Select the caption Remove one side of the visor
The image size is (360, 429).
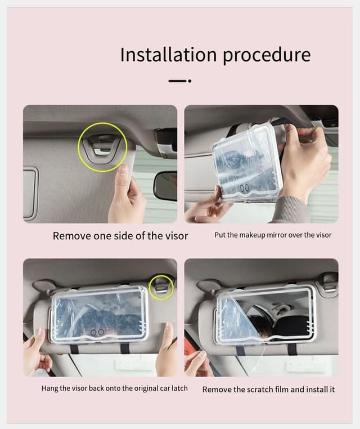[120, 236]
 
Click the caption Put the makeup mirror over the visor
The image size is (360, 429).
[273, 235]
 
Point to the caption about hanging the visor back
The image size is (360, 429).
[114, 388]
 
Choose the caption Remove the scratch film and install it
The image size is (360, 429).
[268, 389]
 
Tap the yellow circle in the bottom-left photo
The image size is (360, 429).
[161, 287]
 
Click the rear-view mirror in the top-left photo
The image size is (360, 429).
[165, 186]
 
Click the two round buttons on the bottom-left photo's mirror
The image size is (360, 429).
[97, 333]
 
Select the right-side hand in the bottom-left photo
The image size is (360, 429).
[165, 349]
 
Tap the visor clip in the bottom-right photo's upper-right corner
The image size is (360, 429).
[328, 280]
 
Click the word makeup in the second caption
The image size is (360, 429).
[253, 235]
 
